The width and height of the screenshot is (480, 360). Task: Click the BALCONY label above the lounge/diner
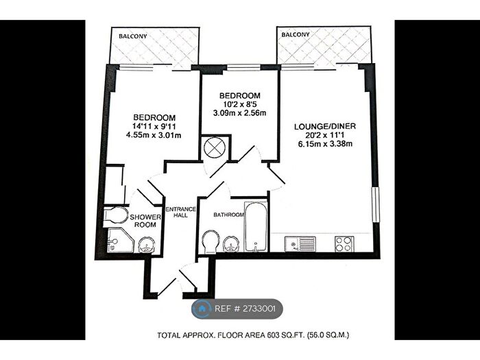(x=296, y=34)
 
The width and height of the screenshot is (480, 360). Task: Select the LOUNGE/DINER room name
(x=322, y=125)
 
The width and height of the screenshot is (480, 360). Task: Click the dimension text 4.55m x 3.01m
(x=154, y=135)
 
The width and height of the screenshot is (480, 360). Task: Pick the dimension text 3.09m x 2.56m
(x=239, y=113)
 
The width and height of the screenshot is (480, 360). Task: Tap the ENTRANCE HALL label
(x=182, y=212)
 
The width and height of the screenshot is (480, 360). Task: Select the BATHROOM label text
(x=228, y=215)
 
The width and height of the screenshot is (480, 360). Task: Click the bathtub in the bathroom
(x=255, y=226)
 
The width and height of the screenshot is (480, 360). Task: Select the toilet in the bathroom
(x=211, y=241)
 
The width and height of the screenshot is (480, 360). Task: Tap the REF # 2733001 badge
(x=237, y=309)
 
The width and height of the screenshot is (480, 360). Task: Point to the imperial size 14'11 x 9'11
(x=154, y=125)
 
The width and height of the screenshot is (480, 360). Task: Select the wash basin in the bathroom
(x=232, y=242)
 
